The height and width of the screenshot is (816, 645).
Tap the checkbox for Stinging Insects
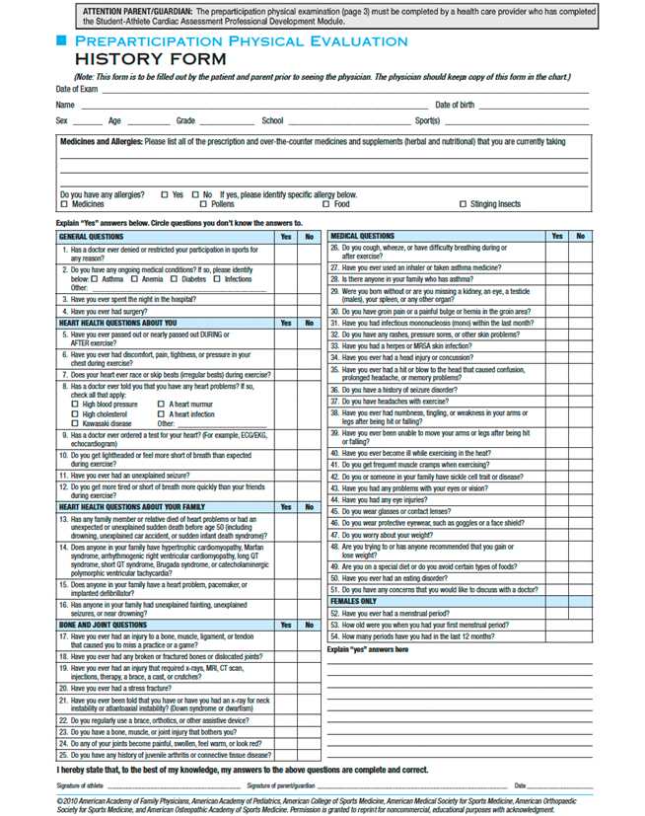click(x=464, y=204)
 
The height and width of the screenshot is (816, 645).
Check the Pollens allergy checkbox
click(x=203, y=204)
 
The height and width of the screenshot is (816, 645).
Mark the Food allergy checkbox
click(x=326, y=204)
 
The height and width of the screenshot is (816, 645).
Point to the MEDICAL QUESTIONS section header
click(x=362, y=237)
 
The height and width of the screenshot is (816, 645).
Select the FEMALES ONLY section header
click(x=353, y=600)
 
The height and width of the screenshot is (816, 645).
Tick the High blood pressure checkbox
click(x=75, y=405)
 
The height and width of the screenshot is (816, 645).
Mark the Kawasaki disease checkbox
click(x=75, y=423)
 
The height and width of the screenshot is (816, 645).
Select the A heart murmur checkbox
click(x=161, y=405)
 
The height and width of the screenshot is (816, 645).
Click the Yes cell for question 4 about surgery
click(x=286, y=311)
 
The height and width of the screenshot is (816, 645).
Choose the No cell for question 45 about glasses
click(x=580, y=510)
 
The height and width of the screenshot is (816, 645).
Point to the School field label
click(x=272, y=120)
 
